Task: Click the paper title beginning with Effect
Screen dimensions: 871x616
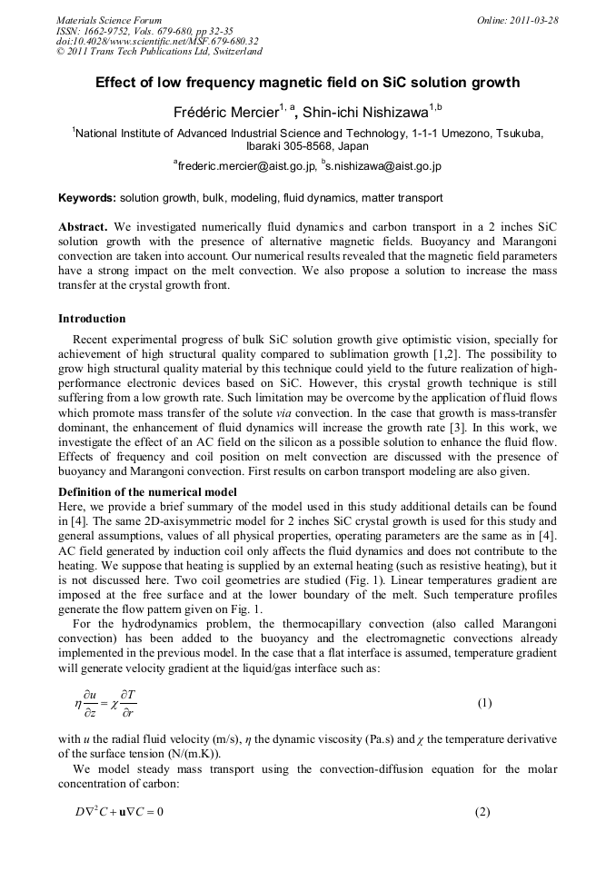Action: point(307,83)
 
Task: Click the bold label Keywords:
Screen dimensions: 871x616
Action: point(87,197)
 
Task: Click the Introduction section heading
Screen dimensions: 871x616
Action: point(92,319)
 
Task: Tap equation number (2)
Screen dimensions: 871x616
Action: point(482,810)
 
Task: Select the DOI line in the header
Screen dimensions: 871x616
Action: point(157,41)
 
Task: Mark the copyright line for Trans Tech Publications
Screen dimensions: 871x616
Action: point(159,52)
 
